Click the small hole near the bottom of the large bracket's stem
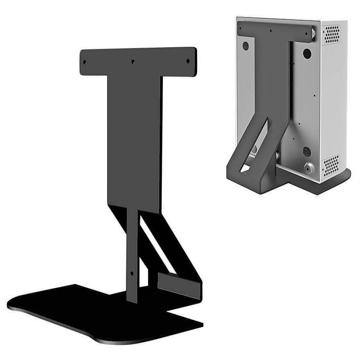coord(131,273)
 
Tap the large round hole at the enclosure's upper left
coord(246,45)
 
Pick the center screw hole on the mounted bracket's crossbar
coord(270,31)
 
